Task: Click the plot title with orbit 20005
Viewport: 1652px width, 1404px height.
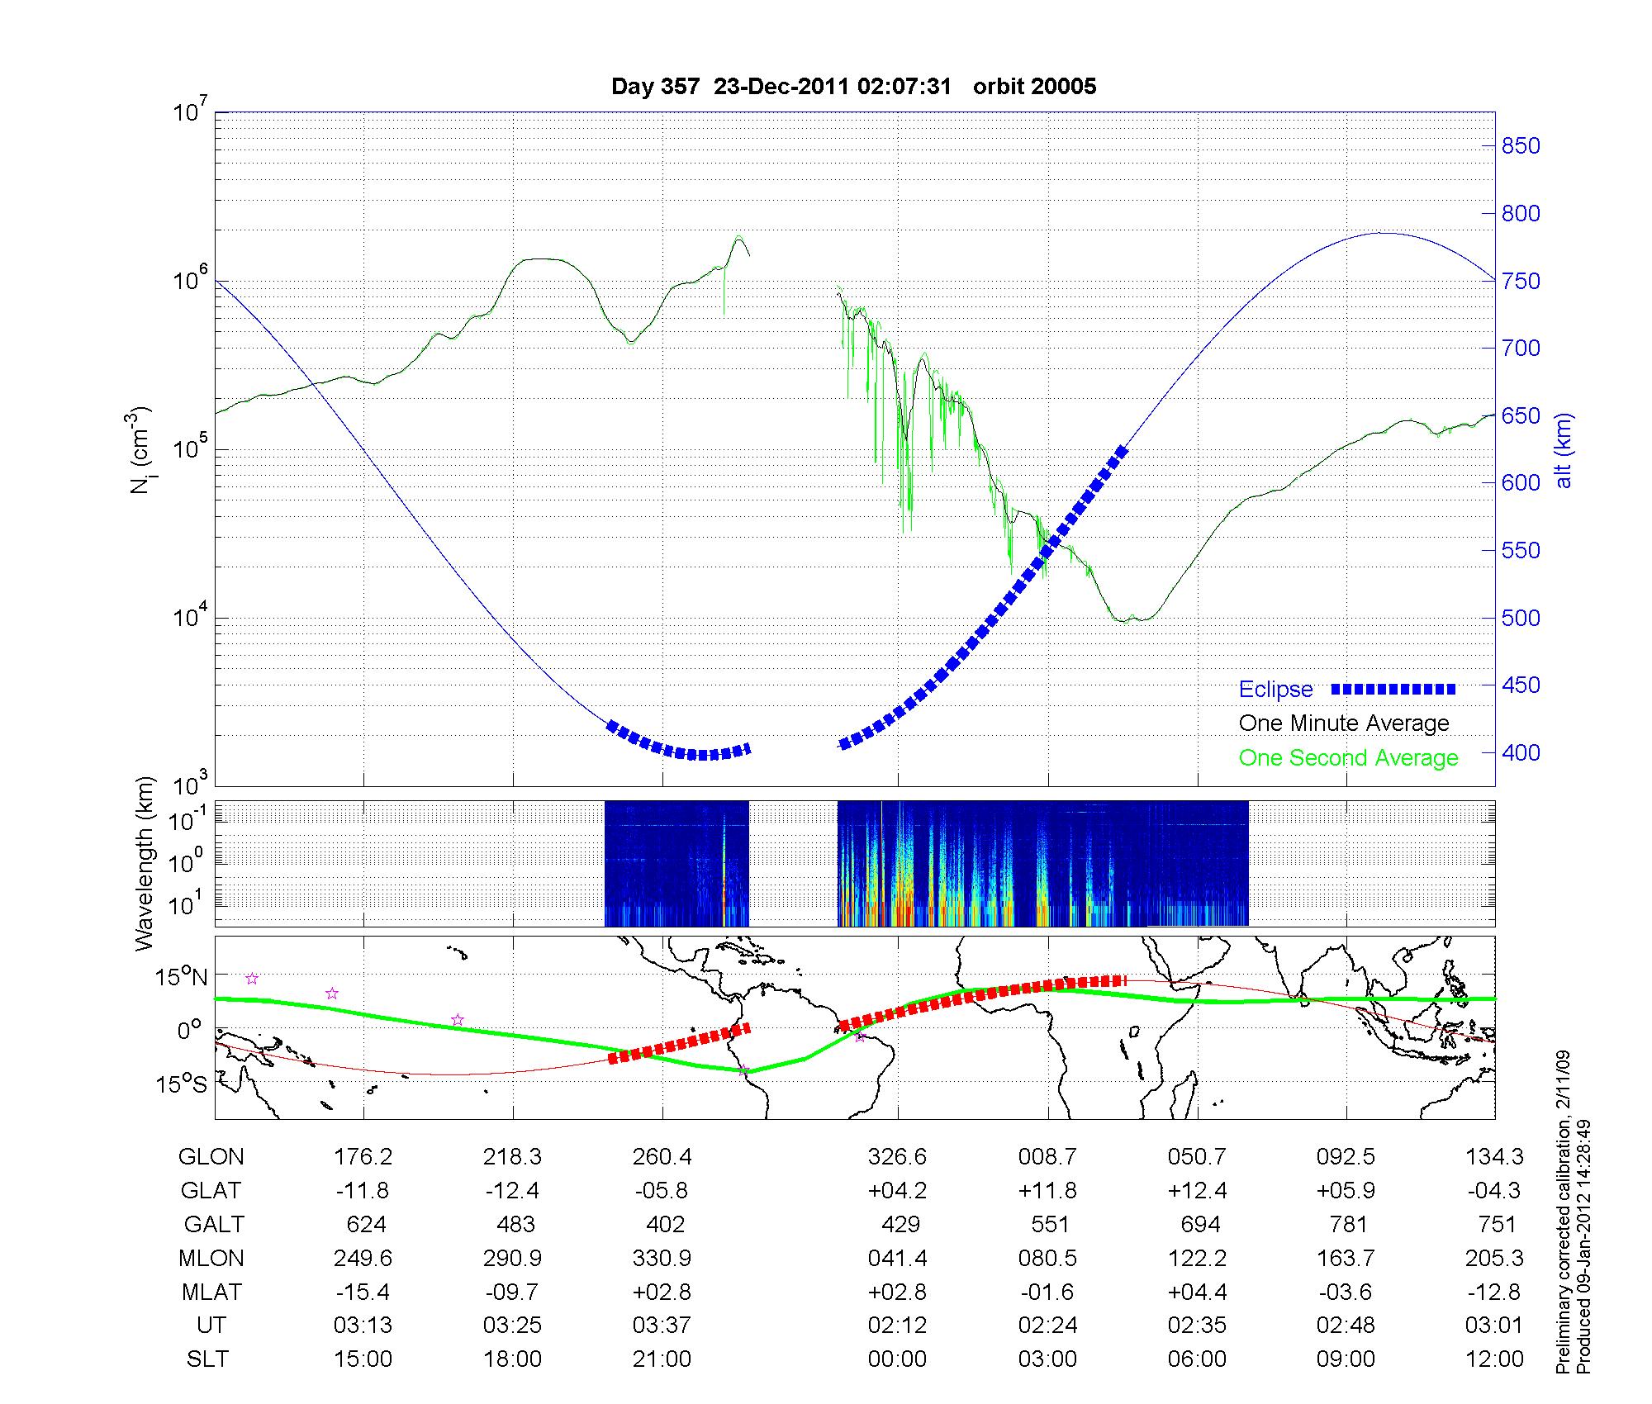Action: click(853, 87)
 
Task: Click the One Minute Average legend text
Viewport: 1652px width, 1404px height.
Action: click(1344, 723)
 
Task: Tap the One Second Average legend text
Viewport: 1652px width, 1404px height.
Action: click(1348, 758)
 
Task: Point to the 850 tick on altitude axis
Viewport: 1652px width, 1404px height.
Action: click(1520, 146)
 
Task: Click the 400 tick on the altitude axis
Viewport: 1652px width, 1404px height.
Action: click(1520, 752)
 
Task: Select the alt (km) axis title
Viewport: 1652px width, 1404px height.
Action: click(1564, 450)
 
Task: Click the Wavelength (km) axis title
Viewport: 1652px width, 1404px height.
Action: click(145, 863)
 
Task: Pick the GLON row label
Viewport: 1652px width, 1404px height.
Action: click(211, 1157)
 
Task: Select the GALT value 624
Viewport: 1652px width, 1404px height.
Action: click(366, 1224)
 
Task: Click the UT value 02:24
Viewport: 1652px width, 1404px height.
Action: click(1047, 1326)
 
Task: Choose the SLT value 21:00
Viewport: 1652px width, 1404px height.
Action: click(662, 1359)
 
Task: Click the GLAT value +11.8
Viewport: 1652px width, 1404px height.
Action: click(1047, 1191)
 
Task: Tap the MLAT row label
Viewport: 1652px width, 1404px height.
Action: click(211, 1292)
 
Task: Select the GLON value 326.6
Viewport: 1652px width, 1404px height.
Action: click(897, 1157)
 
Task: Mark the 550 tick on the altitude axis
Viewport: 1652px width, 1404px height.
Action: click(1520, 551)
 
